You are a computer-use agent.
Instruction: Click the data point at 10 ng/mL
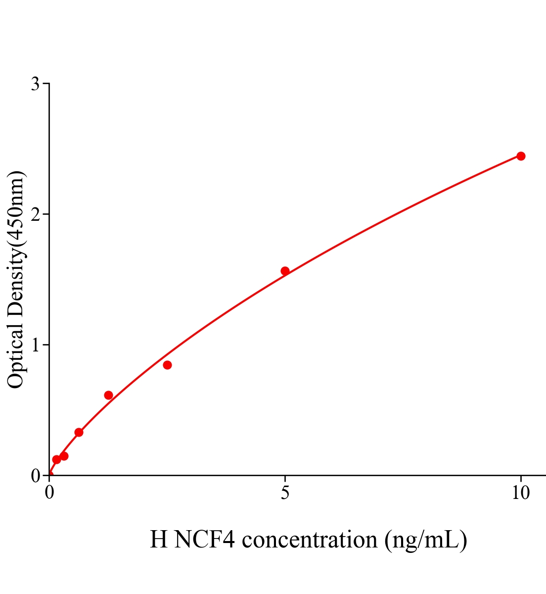click(x=521, y=156)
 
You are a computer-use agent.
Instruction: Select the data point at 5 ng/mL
click(x=285, y=271)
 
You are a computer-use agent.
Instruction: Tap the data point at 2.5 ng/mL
click(x=167, y=365)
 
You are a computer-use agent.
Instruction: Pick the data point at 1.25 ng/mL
click(x=108, y=395)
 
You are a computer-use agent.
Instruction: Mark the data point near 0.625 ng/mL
click(x=79, y=432)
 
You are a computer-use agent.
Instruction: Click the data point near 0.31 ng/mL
click(x=64, y=456)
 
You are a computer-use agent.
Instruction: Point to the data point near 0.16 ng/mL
click(x=56, y=459)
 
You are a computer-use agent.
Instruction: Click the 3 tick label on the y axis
click(x=35, y=84)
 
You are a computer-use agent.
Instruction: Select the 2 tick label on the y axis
click(x=35, y=214)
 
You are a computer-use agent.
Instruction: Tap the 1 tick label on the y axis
click(x=35, y=345)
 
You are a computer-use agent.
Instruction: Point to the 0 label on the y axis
click(x=35, y=476)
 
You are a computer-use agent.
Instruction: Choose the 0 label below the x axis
click(x=49, y=493)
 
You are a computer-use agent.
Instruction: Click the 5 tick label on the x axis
click(x=285, y=493)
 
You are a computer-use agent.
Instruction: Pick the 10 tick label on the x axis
click(x=520, y=493)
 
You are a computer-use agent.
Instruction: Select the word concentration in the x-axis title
click(x=310, y=540)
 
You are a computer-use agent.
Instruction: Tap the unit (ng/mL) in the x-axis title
click(x=426, y=540)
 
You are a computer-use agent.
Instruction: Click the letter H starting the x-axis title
click(x=159, y=540)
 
